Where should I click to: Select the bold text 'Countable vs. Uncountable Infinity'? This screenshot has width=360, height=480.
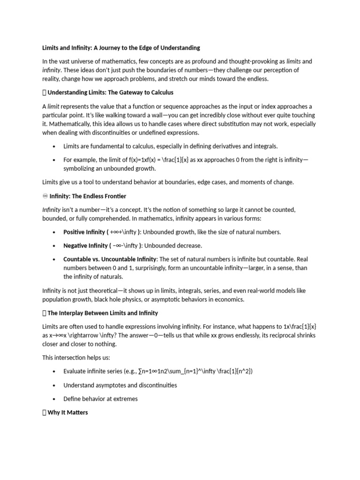pyautogui.click(x=110, y=259)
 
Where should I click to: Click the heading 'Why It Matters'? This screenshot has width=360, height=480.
pyautogui.click(x=67, y=412)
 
